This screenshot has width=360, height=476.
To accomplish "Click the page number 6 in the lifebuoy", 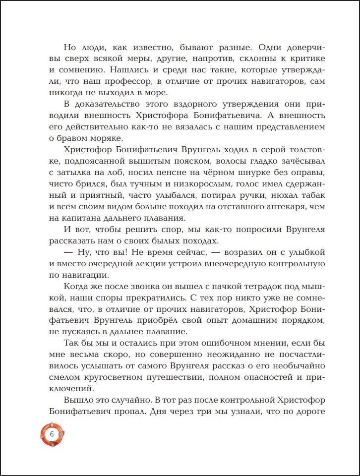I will point(52,433).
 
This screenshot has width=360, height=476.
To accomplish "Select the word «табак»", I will point(310,196).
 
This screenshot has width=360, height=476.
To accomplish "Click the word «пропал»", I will point(133,412).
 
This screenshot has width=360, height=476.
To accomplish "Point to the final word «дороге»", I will point(307,412).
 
